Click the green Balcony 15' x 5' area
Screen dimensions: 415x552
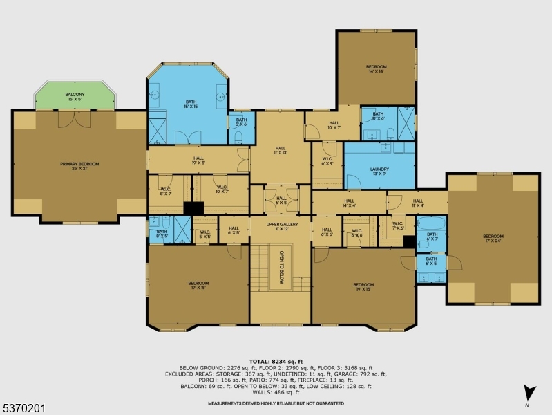pyautogui.click(x=75, y=96)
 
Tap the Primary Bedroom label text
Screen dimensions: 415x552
pyautogui.click(x=79, y=166)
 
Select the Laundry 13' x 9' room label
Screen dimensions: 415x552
pyautogui.click(x=379, y=171)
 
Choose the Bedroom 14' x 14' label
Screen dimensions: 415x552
pyautogui.click(x=377, y=69)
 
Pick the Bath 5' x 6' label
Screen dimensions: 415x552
pyautogui.click(x=241, y=122)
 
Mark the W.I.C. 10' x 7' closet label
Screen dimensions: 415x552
pyautogui.click(x=222, y=189)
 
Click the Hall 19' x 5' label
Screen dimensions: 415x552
pyautogui.click(x=198, y=160)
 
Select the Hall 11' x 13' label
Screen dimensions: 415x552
pyautogui.click(x=280, y=150)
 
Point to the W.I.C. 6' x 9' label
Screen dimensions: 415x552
pyautogui.click(x=327, y=161)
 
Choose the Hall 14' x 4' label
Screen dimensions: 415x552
pyautogui.click(x=348, y=203)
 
